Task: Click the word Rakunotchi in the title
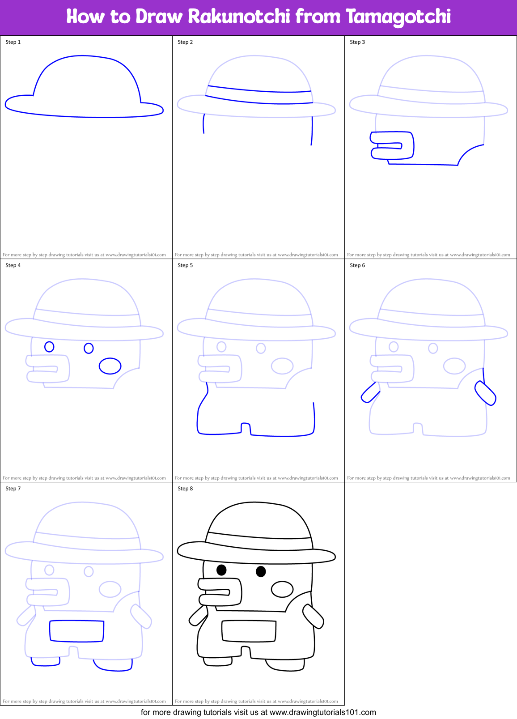[x=239, y=17]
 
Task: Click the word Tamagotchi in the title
[x=398, y=17]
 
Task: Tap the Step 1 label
[x=13, y=42]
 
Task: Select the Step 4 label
[x=13, y=265]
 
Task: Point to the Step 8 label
[x=185, y=489]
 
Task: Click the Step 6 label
[x=357, y=265]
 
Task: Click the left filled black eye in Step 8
[x=221, y=570]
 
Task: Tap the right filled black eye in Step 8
[x=261, y=571]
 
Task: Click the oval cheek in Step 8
[x=282, y=589]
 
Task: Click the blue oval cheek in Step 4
[x=110, y=366]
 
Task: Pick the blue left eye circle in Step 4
[x=49, y=347]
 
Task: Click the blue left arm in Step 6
[x=370, y=393]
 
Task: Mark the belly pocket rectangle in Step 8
[x=249, y=631]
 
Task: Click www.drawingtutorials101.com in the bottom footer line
[x=322, y=712]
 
